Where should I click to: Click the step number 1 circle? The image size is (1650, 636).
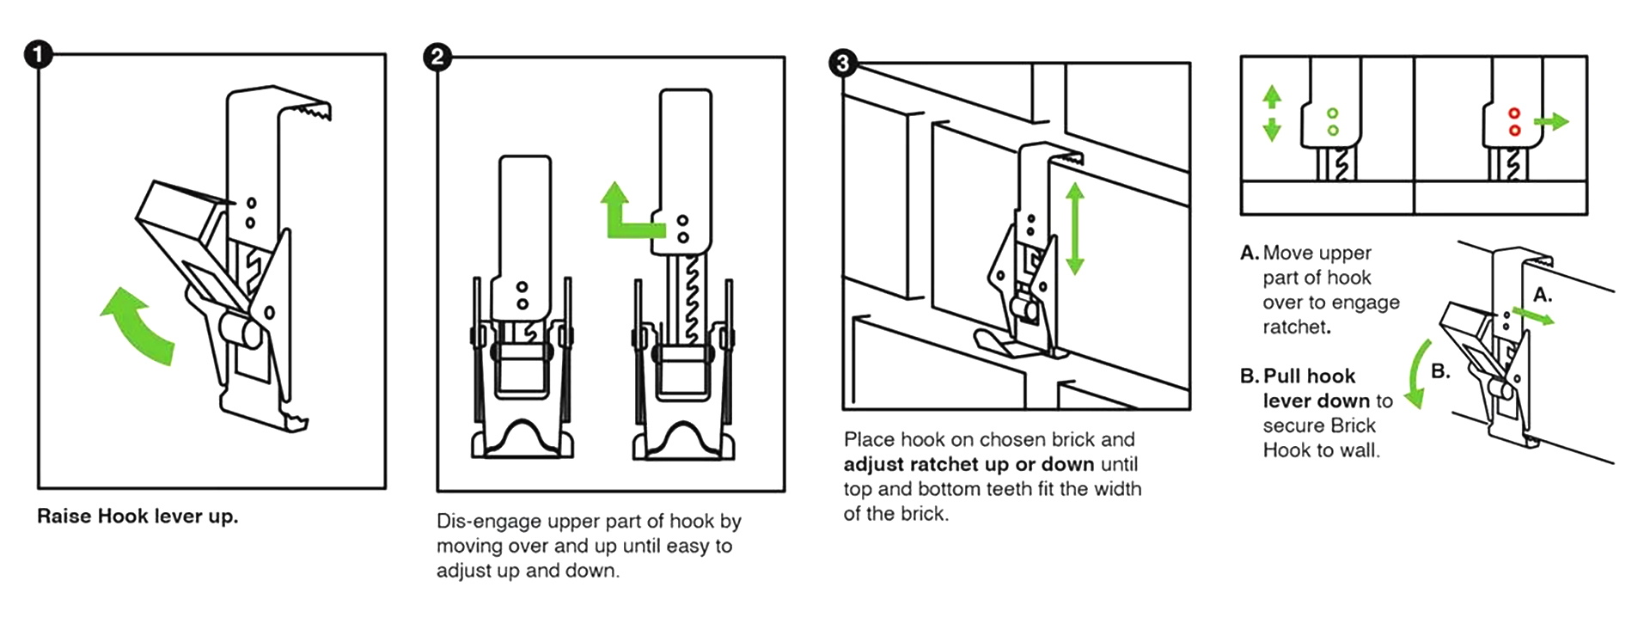coord(38,56)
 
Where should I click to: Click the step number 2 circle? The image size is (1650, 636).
coord(437,58)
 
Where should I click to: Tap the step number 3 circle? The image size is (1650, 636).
coord(843,63)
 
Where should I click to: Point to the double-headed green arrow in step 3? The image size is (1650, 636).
coord(1074,229)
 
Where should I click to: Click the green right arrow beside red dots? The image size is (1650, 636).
coord(1552,122)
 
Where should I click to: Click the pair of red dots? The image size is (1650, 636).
coord(1514,122)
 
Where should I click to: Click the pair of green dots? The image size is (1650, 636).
coord(1332,122)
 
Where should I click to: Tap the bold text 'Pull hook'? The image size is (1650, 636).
coord(1309,376)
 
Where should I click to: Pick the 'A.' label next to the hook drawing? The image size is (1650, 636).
coord(1543,295)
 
